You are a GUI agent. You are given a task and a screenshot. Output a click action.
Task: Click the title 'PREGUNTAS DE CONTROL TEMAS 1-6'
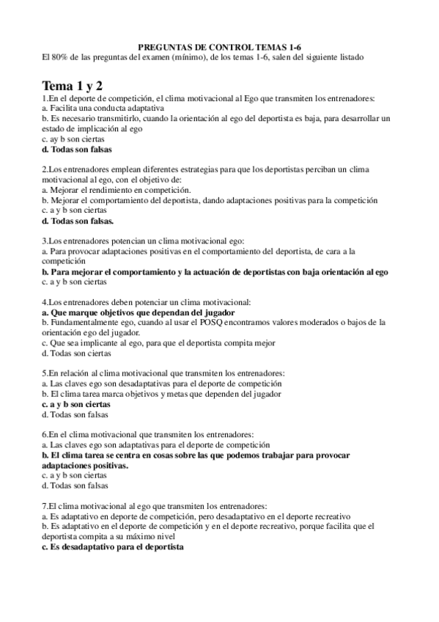219,45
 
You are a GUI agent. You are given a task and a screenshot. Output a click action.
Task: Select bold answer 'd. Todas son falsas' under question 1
77,149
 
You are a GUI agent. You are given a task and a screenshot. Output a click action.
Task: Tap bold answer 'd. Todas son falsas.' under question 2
78,219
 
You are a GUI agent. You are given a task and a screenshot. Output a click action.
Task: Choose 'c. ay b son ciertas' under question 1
74,138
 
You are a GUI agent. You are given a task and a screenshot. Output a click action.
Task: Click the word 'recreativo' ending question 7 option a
331,516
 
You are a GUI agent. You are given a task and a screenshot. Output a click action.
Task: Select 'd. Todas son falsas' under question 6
75,486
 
